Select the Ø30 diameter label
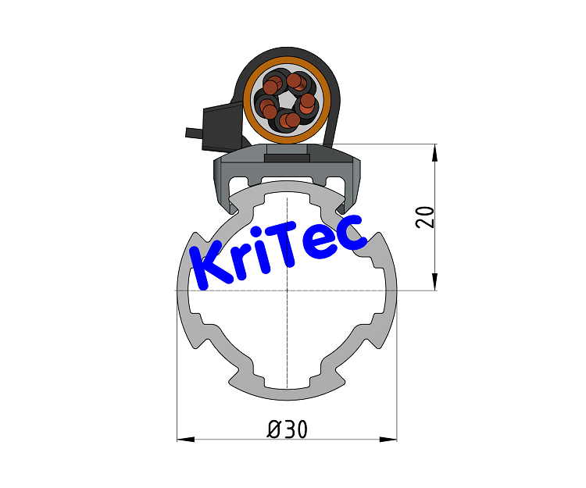coord(287,429)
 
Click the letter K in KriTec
coord(209,265)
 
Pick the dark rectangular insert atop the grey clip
coord(287,159)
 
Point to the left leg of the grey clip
coord(223,187)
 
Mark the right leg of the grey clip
coord(352,187)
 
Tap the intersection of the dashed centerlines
coord(287,290)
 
